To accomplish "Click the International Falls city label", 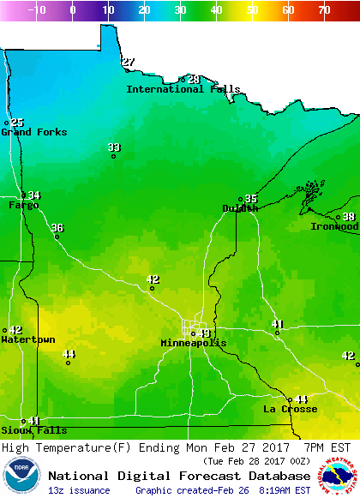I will coord(183,89).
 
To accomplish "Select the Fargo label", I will coord(23,206).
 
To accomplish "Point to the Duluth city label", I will coord(239,208).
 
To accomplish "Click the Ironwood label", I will coord(333,226).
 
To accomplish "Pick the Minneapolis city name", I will coord(194,343).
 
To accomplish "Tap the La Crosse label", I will coord(290,410).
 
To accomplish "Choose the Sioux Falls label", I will coord(33,430).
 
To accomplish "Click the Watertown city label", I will coord(27,340).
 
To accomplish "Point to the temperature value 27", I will coord(129,62).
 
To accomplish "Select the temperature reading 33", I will coord(114,147).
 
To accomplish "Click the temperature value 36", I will coord(57,228).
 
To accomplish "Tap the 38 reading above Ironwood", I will coord(349,217).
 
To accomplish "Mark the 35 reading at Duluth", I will coord(251,199).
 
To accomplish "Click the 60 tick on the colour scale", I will coord(288,10).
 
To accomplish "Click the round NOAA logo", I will coord(21,476).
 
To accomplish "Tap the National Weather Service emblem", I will coord(339,476).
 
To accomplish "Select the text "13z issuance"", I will coord(79,490).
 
